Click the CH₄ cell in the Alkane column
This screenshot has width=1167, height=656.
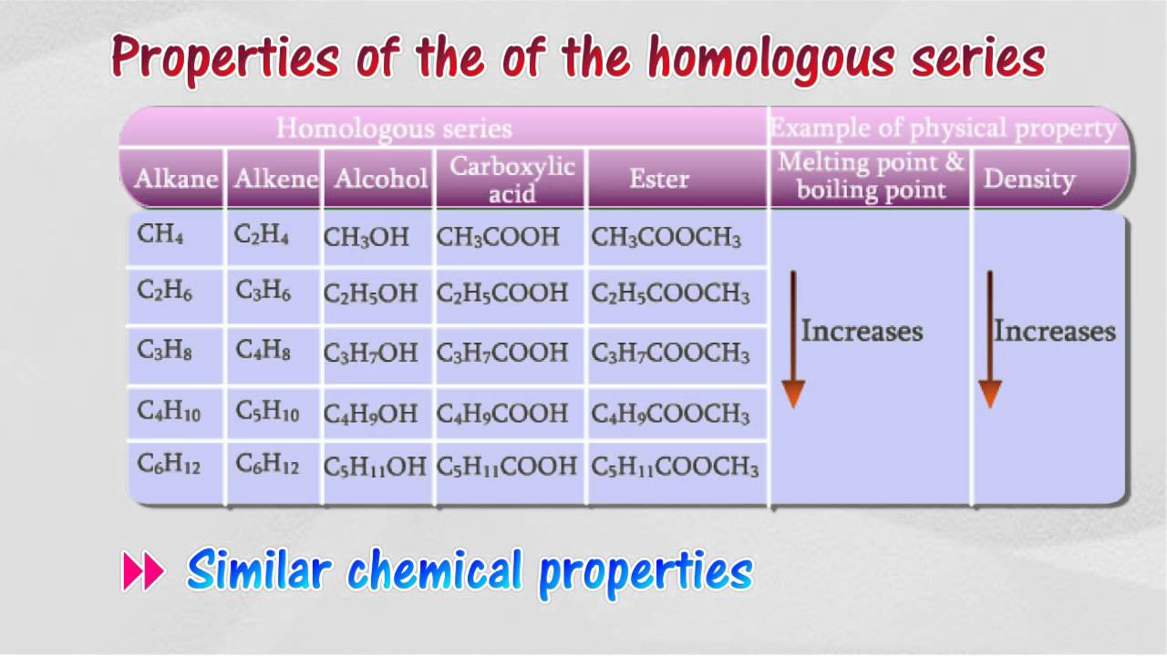(x=160, y=235)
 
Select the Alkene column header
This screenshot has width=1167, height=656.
(x=275, y=179)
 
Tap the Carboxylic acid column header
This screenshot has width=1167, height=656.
(x=511, y=179)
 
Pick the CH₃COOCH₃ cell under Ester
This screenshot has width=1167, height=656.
(x=666, y=239)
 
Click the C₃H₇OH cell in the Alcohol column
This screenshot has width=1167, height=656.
(x=370, y=353)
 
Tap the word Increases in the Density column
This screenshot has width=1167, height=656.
(x=1055, y=331)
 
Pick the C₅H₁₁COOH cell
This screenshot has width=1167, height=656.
(x=507, y=467)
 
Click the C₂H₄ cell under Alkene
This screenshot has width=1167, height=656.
(x=262, y=236)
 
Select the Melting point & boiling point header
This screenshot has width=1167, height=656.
(x=871, y=177)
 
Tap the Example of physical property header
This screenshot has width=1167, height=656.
(x=944, y=128)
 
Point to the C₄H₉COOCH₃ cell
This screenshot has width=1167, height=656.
(x=670, y=415)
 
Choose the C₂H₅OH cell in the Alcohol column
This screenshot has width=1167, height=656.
(x=370, y=294)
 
